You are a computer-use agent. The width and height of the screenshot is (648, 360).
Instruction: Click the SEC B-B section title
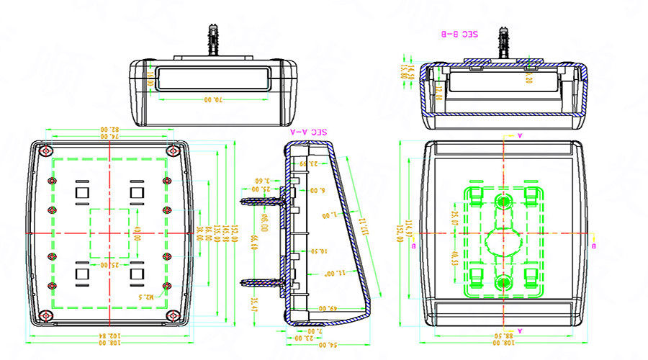460,33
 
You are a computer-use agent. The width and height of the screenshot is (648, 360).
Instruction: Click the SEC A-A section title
309,132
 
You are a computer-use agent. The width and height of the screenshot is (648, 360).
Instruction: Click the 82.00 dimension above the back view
109,130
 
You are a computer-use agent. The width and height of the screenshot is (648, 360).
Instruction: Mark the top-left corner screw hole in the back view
46,151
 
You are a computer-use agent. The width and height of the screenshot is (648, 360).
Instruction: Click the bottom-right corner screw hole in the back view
174,315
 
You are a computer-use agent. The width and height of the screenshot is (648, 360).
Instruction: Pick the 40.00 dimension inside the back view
137,233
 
